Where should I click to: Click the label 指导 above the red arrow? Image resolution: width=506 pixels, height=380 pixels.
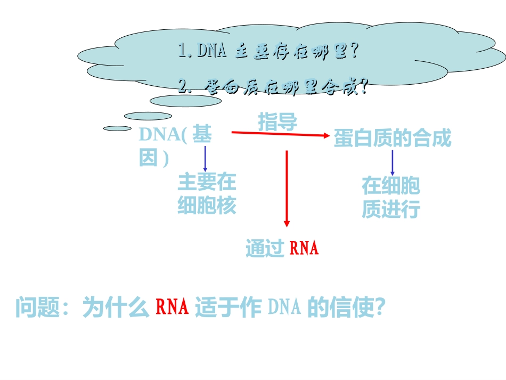click(x=278, y=122)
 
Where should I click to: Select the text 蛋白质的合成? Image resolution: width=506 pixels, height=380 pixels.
click(x=393, y=139)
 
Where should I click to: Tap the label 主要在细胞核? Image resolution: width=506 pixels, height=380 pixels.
click(x=207, y=193)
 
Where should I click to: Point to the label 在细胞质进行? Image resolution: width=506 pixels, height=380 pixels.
click(x=391, y=197)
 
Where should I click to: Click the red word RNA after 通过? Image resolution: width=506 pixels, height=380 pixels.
click(x=304, y=248)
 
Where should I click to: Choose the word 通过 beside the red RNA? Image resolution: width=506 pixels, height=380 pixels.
click(x=264, y=248)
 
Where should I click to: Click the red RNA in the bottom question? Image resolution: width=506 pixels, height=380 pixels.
click(x=172, y=308)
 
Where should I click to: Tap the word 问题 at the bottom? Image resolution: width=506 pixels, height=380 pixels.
click(x=37, y=308)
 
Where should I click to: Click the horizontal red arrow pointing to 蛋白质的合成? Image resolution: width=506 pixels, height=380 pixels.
click(x=280, y=133)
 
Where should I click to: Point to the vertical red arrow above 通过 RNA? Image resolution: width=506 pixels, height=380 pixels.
click(x=287, y=189)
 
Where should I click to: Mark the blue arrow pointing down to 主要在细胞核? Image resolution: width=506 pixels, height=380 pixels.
click(x=205, y=158)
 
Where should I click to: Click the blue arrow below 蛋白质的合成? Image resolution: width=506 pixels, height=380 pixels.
click(x=393, y=163)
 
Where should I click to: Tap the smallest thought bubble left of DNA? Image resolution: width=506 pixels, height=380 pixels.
click(x=117, y=128)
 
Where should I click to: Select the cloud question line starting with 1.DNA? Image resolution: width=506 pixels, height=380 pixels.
click(x=268, y=51)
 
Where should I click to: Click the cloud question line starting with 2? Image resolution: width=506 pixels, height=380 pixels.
click(x=273, y=86)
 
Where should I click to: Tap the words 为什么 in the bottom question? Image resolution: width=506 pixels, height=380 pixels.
click(x=116, y=308)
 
